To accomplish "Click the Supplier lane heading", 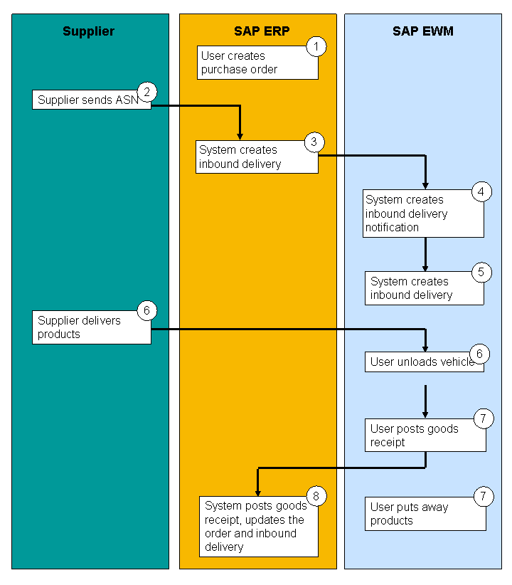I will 88,31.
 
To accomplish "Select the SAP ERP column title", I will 257,31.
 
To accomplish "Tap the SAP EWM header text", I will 423,31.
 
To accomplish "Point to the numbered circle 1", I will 316,47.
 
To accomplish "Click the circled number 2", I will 147,91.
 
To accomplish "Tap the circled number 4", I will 481,191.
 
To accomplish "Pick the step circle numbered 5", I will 481,273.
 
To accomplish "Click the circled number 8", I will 316,496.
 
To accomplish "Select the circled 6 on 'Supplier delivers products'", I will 146,311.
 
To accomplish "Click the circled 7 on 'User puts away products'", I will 484,496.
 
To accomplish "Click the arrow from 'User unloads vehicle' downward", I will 425,401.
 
